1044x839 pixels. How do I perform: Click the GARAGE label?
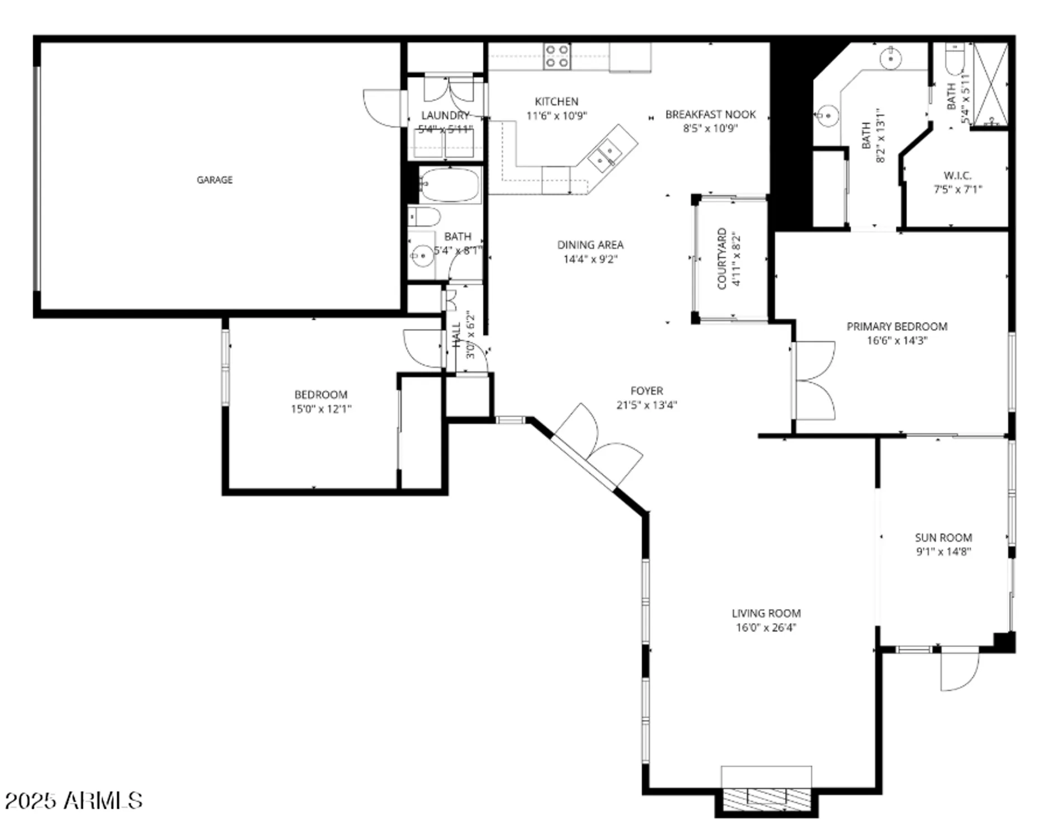[x=214, y=180]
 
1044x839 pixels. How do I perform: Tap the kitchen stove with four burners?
[x=557, y=56]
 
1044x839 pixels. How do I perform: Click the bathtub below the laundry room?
[x=450, y=185]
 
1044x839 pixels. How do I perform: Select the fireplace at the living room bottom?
[x=766, y=798]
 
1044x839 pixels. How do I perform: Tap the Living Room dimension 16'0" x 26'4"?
[x=766, y=628]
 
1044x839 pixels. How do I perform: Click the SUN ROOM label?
[x=943, y=538]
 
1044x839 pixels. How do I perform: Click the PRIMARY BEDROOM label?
[x=896, y=326]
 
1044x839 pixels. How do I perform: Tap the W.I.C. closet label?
[x=957, y=176]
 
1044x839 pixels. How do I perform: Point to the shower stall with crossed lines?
[x=990, y=84]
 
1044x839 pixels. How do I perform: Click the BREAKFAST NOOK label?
[x=710, y=114]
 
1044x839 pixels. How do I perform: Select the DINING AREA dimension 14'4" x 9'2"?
[x=590, y=259]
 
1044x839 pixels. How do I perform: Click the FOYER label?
[x=646, y=390]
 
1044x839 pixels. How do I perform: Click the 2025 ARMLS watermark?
[x=73, y=800]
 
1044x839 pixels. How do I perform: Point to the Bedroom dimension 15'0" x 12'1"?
[x=320, y=409]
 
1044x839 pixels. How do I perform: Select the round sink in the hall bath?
[x=422, y=256]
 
